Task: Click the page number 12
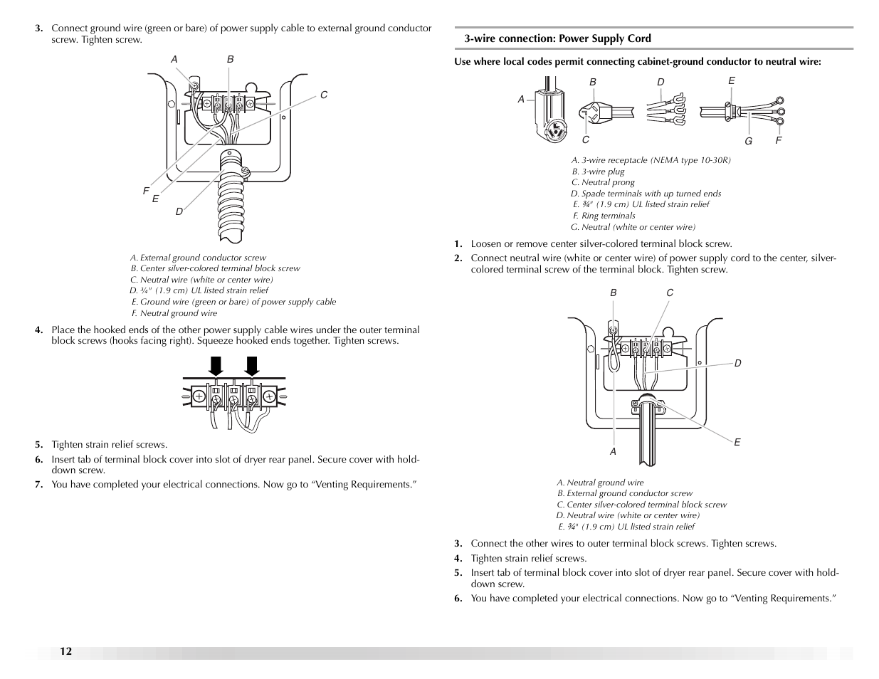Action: click(x=65, y=652)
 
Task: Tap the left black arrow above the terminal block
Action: click(x=216, y=365)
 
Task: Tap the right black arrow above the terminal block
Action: click(x=251, y=365)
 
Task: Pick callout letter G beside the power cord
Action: click(x=748, y=141)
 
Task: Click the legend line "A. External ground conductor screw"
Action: click(x=198, y=258)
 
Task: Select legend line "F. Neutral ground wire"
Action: click(x=174, y=313)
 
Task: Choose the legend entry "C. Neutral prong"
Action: click(x=603, y=182)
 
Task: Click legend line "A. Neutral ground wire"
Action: click(x=600, y=483)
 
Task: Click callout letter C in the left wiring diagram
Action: click(x=323, y=95)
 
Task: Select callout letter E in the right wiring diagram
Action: click(x=737, y=442)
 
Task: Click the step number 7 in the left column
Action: click(x=39, y=485)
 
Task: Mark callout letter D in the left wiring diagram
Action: click(x=179, y=211)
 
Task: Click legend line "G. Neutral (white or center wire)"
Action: click(x=633, y=227)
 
